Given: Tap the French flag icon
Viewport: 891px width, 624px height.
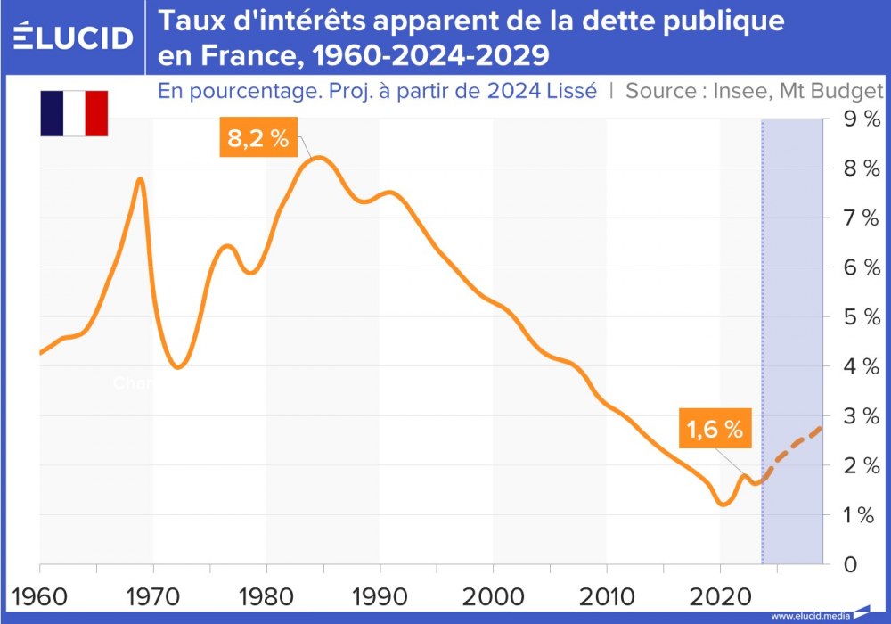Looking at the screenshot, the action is (x=74, y=113).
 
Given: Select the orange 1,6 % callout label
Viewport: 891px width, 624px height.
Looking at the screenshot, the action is (x=715, y=429).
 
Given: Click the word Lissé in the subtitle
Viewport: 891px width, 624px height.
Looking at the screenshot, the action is (x=568, y=91).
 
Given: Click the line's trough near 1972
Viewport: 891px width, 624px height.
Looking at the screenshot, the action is (x=177, y=366).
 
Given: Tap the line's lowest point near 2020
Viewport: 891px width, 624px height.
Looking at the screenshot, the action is (x=723, y=505).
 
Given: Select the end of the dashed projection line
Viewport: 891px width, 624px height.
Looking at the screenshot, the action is (x=821, y=428).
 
